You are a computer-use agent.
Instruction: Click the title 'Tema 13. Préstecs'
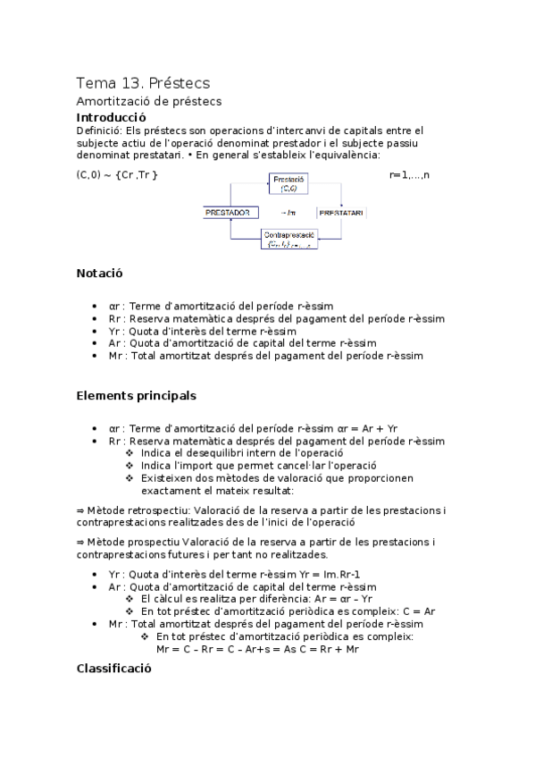coord(143,82)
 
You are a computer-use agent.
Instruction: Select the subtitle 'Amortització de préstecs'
coord(148,101)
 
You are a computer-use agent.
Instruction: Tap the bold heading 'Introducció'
coord(111,116)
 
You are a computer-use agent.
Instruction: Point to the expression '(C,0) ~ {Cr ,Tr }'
coord(117,173)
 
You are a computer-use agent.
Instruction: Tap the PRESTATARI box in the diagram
coord(340,213)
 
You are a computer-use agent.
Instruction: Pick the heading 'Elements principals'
coord(136,394)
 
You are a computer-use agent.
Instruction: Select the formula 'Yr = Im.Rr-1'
coord(322,573)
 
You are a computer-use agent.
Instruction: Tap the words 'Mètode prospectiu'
coord(126,542)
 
